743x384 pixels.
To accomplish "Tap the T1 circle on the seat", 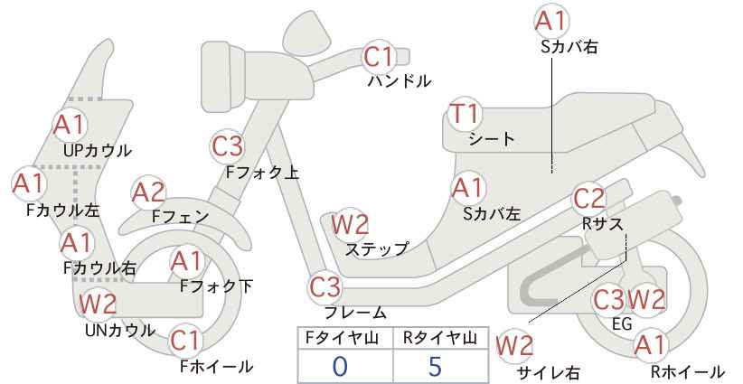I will click(466, 117).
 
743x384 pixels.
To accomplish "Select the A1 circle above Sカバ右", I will click(552, 20).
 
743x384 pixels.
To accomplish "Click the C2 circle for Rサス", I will click(589, 199).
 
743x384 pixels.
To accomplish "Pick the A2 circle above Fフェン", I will click(148, 192).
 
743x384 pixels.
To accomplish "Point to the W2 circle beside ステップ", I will click(350, 223).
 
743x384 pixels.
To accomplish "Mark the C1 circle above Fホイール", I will click(186, 341).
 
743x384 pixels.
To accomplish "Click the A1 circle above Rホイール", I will click(649, 344).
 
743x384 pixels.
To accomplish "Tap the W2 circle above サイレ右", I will click(515, 344).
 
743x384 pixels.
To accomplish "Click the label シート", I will click(492, 139).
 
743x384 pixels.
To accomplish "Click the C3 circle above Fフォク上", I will click(228, 145).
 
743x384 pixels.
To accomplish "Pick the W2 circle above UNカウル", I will click(97, 304).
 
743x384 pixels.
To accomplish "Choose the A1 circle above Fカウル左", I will click(28, 184).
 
